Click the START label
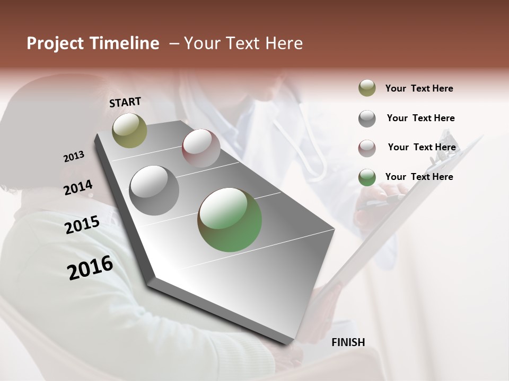(125, 102)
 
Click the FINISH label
(348, 342)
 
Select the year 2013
(74, 157)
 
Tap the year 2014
(78, 187)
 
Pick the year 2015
(82, 225)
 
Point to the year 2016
(90, 267)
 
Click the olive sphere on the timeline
(129, 130)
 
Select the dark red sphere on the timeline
(201, 148)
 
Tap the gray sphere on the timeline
(154, 190)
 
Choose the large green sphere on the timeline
(230, 220)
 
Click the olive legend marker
(367, 88)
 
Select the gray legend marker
(367, 118)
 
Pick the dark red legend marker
(367, 148)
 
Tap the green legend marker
(367, 177)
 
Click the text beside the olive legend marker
(419, 88)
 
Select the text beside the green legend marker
(419, 177)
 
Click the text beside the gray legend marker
(420, 118)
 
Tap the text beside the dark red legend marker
(422, 147)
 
